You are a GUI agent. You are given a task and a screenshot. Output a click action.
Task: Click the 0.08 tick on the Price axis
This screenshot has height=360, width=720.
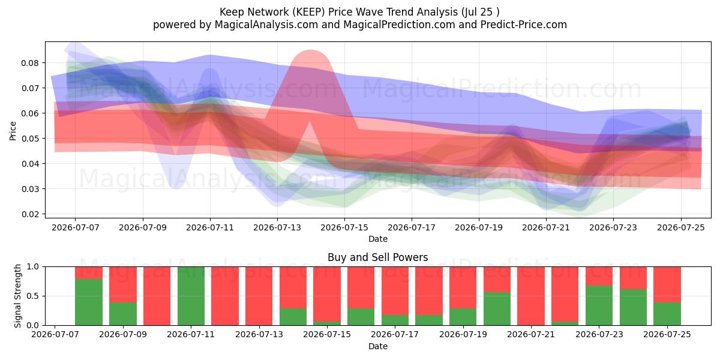click(x=30, y=63)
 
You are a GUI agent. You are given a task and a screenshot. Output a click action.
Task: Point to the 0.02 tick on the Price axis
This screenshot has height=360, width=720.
click(x=30, y=214)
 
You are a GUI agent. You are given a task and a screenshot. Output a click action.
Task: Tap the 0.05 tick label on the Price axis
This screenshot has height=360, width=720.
click(x=30, y=139)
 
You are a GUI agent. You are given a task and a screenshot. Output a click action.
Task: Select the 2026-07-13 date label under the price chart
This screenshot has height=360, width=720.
click(x=277, y=227)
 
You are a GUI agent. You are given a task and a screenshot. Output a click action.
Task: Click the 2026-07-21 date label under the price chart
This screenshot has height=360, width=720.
click(x=546, y=227)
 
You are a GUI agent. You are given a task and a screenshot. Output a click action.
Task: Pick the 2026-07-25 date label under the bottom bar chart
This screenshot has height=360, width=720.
click(x=667, y=334)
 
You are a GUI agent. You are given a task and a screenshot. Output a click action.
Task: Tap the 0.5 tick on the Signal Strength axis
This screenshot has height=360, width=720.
click(x=33, y=296)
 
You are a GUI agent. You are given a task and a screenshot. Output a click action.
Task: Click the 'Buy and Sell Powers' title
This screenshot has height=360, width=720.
click(x=377, y=257)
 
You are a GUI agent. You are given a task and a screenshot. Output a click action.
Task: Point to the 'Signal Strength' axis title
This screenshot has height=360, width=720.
click(x=17, y=296)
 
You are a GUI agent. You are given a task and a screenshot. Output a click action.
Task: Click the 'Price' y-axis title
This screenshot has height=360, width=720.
click(x=13, y=131)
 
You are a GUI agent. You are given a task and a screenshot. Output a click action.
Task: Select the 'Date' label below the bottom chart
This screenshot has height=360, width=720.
click(x=377, y=347)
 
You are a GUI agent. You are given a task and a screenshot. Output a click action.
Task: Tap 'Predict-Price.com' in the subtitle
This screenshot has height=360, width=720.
click(x=524, y=25)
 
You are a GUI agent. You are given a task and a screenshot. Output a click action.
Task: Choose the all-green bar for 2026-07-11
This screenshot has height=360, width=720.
click(x=191, y=296)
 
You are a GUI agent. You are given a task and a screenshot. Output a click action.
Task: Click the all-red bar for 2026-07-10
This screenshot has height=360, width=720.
click(x=157, y=296)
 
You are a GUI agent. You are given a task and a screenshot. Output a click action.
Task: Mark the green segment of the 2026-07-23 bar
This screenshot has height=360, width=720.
click(x=599, y=305)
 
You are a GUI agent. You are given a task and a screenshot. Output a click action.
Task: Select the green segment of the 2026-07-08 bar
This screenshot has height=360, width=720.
click(x=89, y=302)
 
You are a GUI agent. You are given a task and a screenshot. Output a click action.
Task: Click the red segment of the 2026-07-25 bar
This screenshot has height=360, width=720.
click(x=667, y=284)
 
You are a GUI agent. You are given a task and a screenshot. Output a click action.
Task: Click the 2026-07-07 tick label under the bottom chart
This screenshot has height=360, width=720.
click(x=55, y=334)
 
